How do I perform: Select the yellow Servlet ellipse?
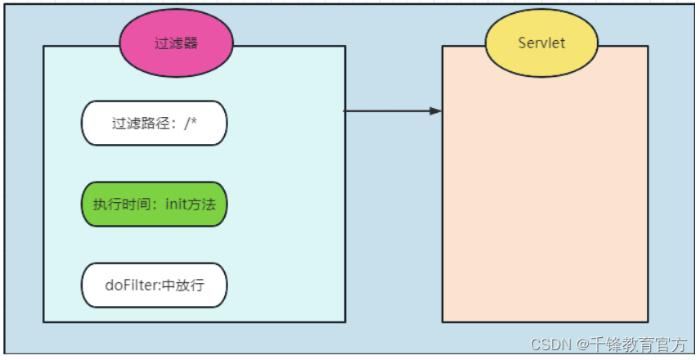coord(541,43)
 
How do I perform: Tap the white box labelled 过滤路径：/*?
coord(154,124)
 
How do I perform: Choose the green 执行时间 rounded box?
coord(154,205)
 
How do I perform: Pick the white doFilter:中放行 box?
coord(154,286)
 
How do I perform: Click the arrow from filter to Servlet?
coord(393,110)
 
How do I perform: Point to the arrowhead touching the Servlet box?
coord(437,110)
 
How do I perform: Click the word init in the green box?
coord(177,205)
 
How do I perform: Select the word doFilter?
coord(128,286)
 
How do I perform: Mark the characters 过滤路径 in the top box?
coord(140,124)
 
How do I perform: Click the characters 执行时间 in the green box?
coord(121,205)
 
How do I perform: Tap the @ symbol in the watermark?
coord(584,344)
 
